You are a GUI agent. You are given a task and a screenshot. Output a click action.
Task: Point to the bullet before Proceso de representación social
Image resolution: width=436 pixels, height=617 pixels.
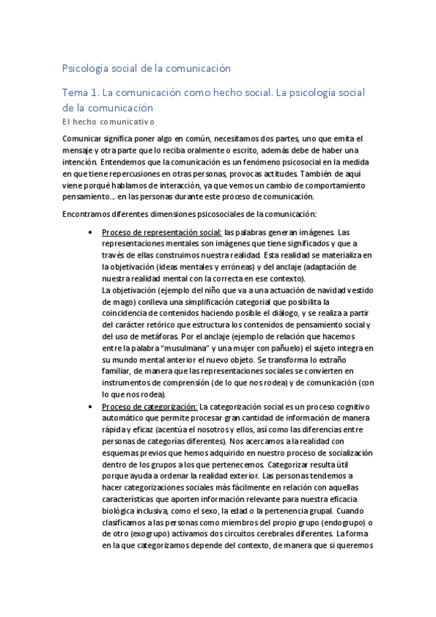pyautogui.click(x=89, y=232)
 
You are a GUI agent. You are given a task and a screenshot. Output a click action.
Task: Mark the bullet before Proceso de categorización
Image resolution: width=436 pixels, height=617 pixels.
pyautogui.click(x=89, y=406)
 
